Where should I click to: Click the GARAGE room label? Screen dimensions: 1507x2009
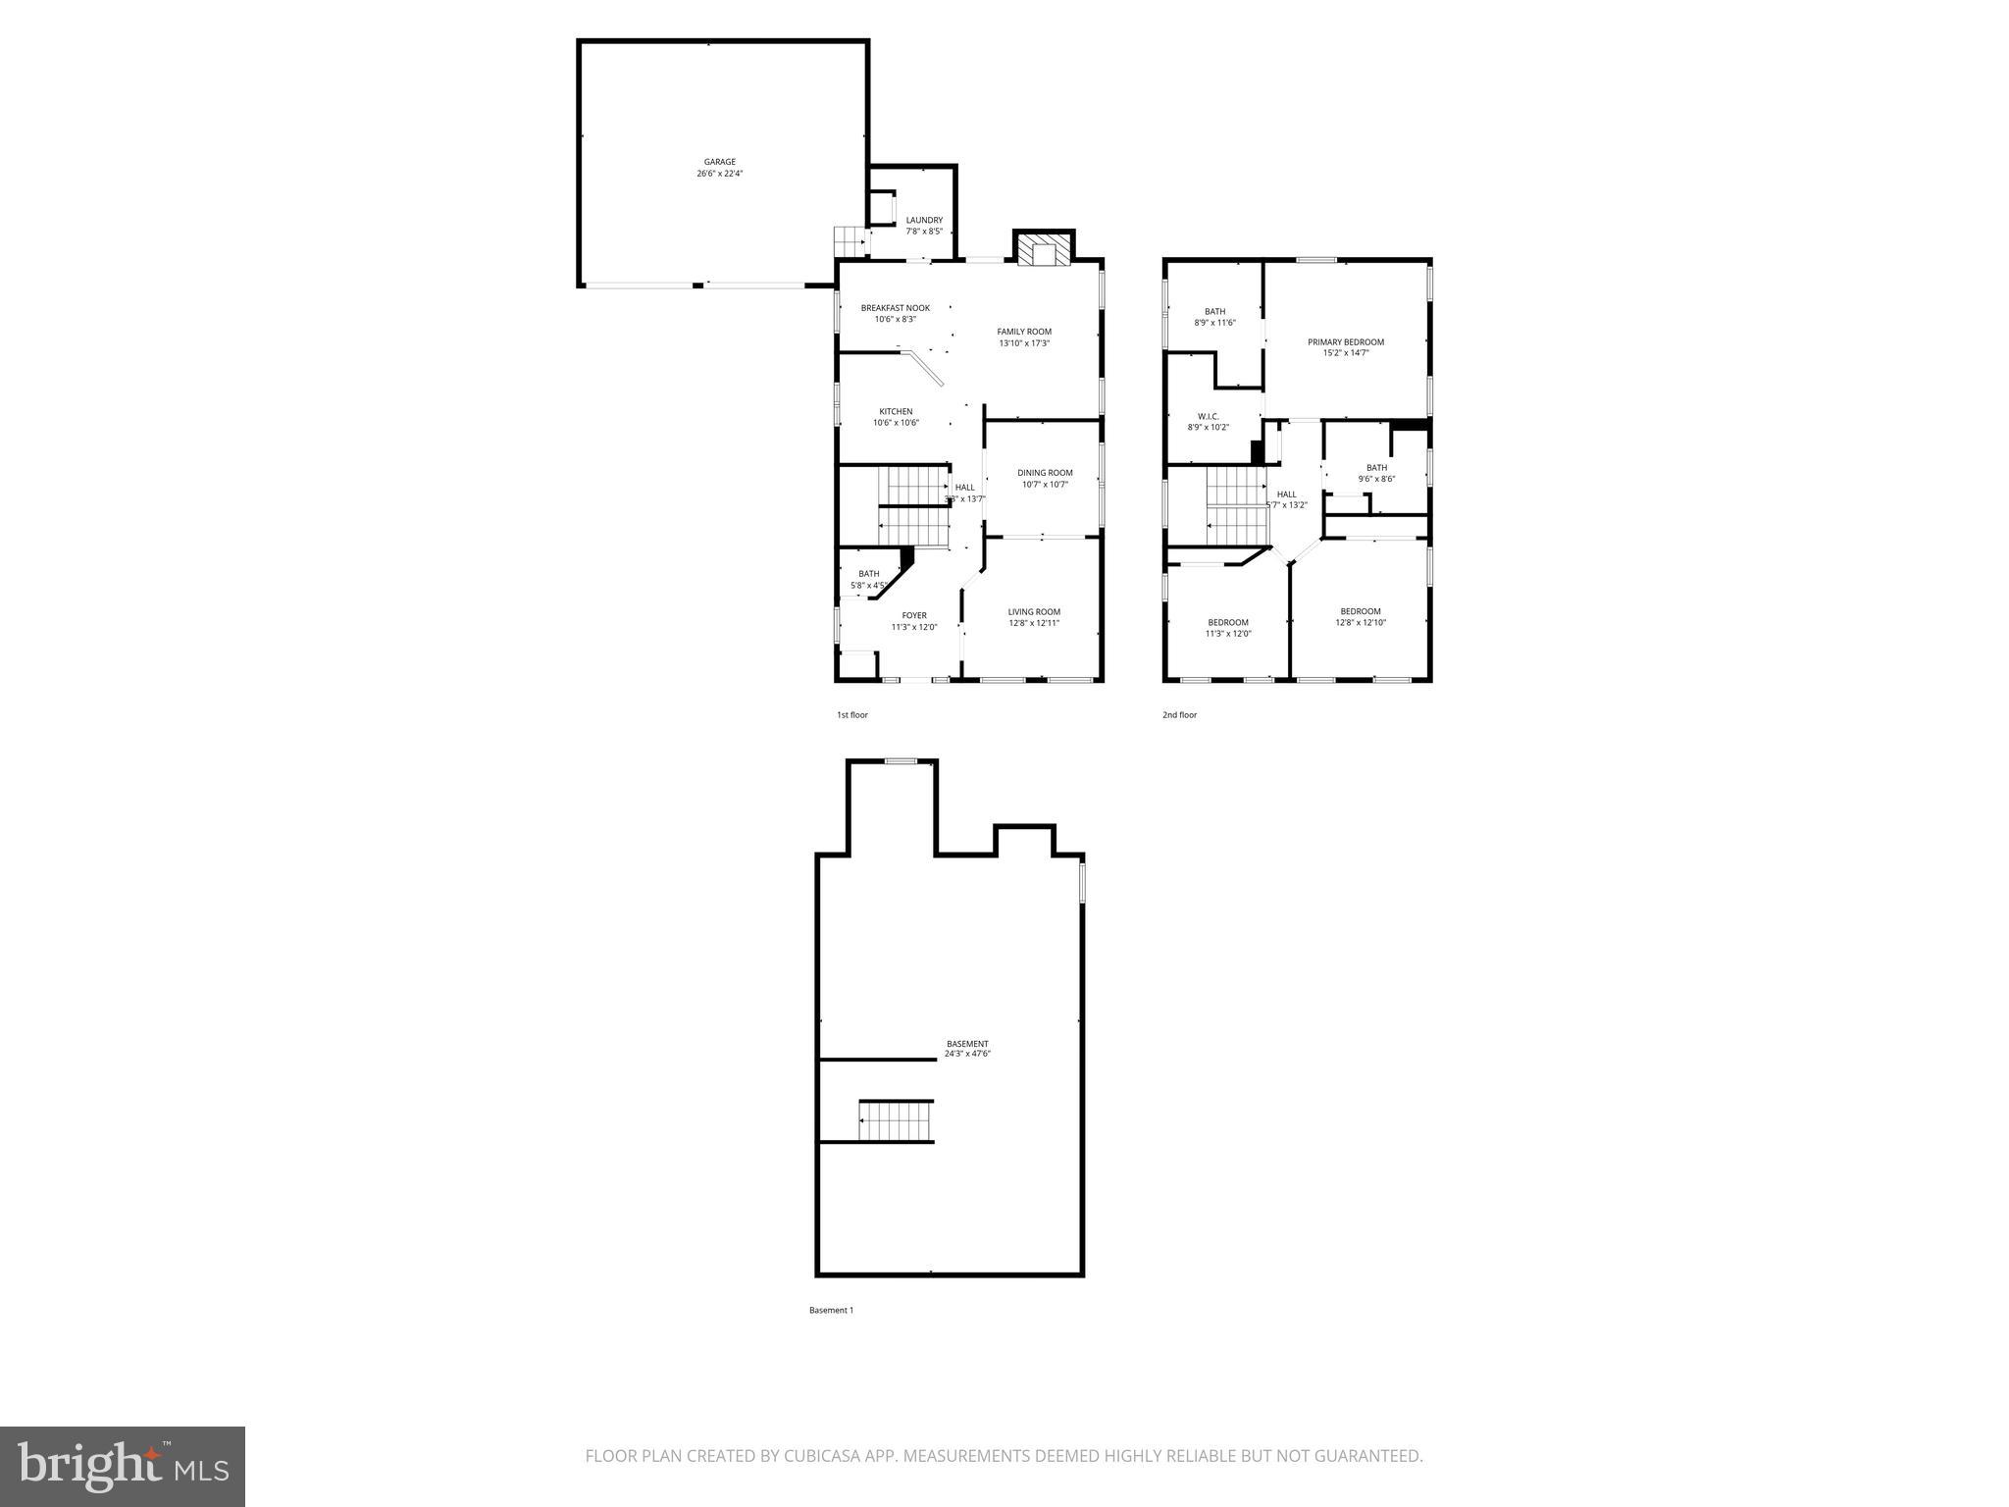click(x=719, y=162)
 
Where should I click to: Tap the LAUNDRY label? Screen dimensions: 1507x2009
click(x=924, y=220)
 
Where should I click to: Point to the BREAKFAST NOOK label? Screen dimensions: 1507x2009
click(x=895, y=308)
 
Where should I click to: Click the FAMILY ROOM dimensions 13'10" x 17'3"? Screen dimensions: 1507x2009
click(x=1024, y=343)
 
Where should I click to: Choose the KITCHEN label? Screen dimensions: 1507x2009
click(x=896, y=411)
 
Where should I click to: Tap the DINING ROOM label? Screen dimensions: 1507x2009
click(x=1045, y=473)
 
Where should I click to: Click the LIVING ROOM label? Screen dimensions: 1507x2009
click(x=1034, y=611)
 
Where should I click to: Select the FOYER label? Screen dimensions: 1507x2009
click(x=914, y=615)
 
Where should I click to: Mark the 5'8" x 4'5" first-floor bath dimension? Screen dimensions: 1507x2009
click(x=869, y=586)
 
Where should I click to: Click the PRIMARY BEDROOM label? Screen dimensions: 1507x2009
click(x=1345, y=342)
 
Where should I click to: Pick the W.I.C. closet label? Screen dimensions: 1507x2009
click(x=1208, y=416)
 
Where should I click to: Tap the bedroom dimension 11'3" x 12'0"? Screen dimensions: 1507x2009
click(x=1228, y=634)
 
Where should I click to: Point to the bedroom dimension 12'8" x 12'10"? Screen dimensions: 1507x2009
click(x=1360, y=622)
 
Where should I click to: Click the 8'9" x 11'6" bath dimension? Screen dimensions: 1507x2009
click(x=1214, y=323)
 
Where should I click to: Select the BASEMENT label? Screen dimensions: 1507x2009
click(x=967, y=1043)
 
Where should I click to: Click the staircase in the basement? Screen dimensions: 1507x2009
click(x=896, y=1120)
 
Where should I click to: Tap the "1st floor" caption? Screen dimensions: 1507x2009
click(x=851, y=715)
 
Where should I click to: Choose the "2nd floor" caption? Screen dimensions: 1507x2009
click(x=1179, y=715)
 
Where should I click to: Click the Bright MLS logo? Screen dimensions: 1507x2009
click(x=123, y=1466)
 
